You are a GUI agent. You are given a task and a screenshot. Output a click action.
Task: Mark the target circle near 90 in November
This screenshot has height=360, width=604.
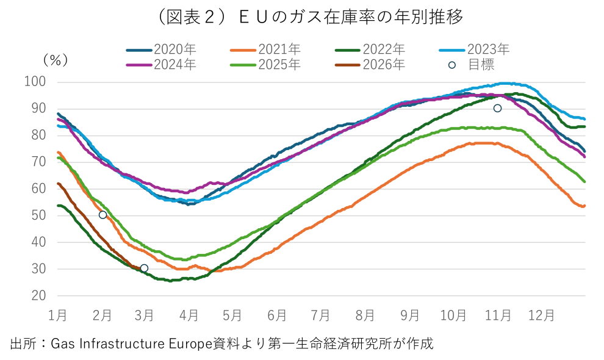[497, 108]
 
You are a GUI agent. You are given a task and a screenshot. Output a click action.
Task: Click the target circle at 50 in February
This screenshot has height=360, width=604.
[102, 215]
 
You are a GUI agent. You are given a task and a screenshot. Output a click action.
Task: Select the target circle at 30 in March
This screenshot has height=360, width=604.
[144, 268]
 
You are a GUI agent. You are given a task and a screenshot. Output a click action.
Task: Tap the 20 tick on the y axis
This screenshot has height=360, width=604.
[38, 295]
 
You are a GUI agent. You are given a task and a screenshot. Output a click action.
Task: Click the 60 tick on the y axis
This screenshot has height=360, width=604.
[38, 189]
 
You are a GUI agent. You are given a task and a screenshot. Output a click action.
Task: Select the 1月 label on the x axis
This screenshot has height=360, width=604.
[57, 315]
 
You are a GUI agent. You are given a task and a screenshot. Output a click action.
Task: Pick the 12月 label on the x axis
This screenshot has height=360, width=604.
[541, 315]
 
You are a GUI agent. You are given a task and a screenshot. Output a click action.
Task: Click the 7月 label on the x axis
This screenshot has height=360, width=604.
[321, 315]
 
